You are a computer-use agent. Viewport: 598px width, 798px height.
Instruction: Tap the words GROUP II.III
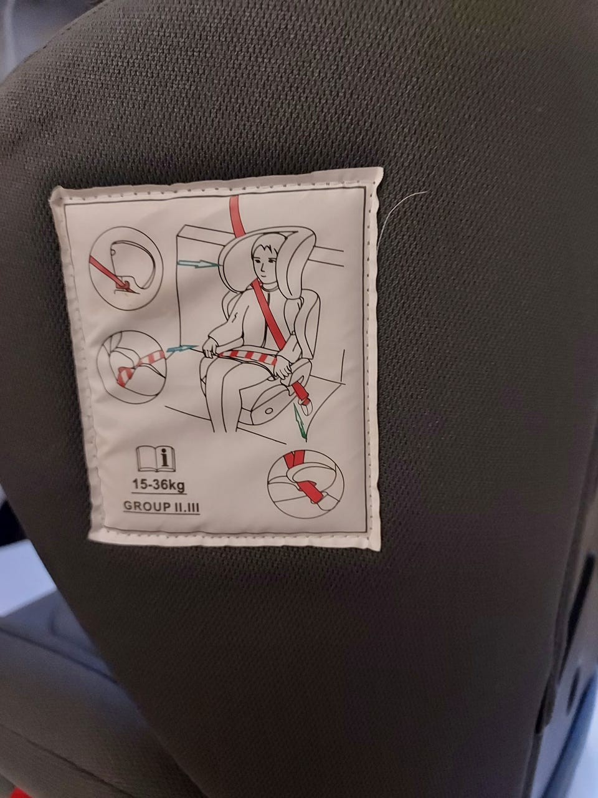[x=161, y=506]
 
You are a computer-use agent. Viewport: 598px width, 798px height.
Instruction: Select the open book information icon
[x=156, y=458]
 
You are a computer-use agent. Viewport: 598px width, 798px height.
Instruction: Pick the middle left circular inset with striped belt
[x=133, y=367]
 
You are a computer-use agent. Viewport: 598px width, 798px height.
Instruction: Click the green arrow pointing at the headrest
[x=199, y=263]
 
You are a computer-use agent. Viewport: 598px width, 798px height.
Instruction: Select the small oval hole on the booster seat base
[x=269, y=411]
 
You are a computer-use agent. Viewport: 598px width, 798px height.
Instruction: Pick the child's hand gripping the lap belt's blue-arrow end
[x=209, y=348]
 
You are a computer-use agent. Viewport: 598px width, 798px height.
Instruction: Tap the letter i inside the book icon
[x=166, y=458]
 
